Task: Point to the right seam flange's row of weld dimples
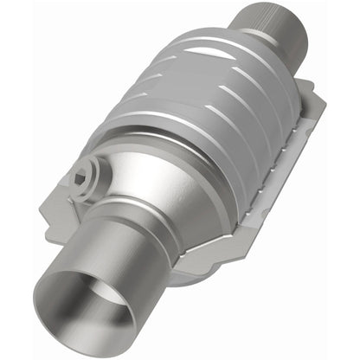tap(286, 164)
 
